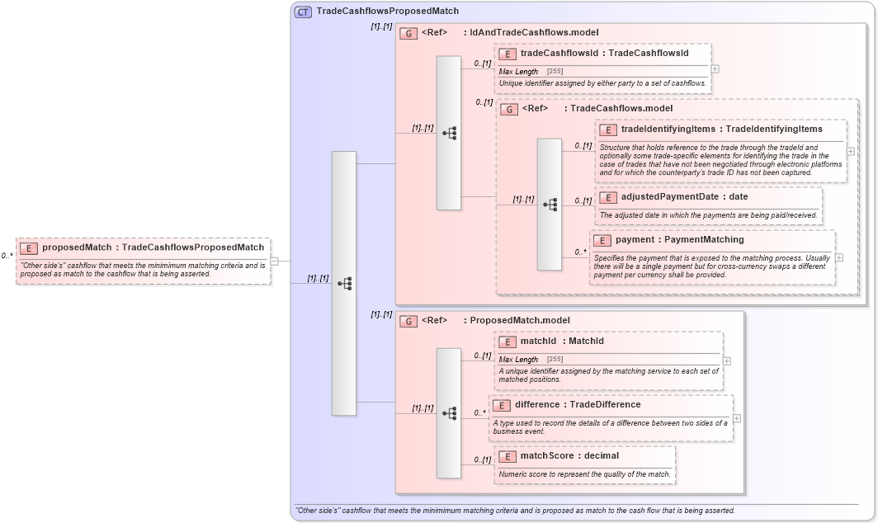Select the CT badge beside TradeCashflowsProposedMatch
pos(303,12)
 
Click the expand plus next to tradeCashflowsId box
pos(715,69)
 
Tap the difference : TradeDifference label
pos(577,405)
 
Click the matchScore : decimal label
pos(569,455)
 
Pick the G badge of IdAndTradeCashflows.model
pos(407,33)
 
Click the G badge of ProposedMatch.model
pos(407,321)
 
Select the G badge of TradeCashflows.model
pos(509,109)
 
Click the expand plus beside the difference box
pos(737,418)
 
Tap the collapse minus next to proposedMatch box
pos(275,261)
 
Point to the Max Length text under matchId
pos(518,360)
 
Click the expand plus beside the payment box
pos(839,257)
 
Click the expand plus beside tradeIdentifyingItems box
pos(851,151)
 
